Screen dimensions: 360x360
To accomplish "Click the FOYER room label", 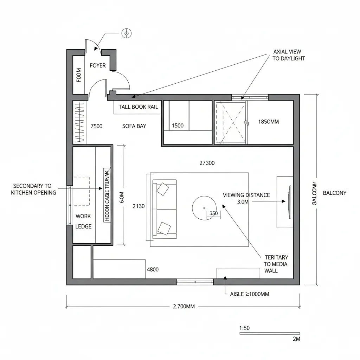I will tap(97, 65).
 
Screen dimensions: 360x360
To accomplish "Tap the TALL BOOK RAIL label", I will tap(138, 107).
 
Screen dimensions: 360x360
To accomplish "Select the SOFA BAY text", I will tap(134, 126).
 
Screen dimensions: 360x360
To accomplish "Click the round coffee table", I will tap(204, 207).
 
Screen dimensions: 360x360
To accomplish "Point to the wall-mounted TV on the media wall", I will tap(289, 201).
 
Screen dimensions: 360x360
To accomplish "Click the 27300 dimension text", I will tap(207, 163).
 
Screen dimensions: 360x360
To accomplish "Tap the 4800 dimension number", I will tap(153, 270).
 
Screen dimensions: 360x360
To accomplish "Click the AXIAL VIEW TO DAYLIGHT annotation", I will tap(289, 55).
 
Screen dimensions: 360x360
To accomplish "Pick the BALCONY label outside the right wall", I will tap(334, 193).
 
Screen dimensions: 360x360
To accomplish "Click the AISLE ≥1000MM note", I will tap(250, 294).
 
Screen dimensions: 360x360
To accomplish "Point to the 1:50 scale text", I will tap(244, 328).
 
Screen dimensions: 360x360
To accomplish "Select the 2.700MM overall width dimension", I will tap(184, 307).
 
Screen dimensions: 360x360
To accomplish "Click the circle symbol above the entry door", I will tap(126, 33).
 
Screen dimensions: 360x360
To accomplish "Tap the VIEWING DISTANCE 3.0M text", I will tap(246, 198).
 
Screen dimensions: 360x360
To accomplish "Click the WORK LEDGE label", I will tap(83, 221).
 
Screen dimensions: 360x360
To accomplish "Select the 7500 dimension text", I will tap(96, 126).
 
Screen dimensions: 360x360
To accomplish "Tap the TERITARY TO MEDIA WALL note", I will tap(276, 264).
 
